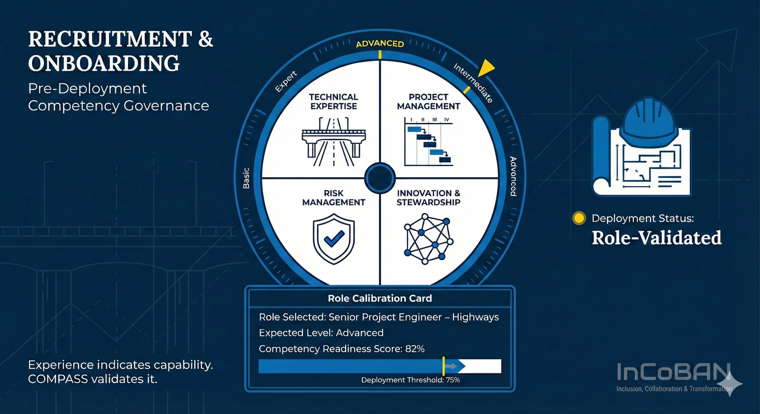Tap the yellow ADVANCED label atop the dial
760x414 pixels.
380,44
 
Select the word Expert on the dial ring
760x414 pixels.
286,82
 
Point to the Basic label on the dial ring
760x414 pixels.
246,178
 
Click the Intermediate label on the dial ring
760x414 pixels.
473,83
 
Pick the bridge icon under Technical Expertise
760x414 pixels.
334,142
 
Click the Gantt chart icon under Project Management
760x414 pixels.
428,142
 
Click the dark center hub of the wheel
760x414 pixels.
380,178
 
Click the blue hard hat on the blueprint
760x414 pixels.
648,121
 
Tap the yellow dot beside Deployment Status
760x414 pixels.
579,218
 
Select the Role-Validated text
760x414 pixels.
657,238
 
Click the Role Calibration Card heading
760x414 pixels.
380,298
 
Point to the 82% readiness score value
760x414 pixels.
415,349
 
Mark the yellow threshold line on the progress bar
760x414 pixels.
443,366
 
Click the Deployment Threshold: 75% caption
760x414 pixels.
410,380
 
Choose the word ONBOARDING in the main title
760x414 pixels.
104,63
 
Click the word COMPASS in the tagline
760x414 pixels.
58,379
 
